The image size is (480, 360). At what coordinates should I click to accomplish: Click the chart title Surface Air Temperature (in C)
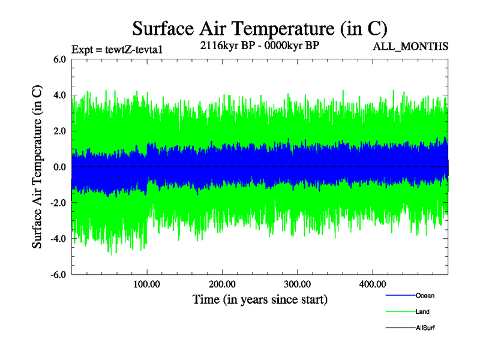pos(260,28)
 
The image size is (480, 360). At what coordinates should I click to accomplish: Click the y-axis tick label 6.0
pos(59,59)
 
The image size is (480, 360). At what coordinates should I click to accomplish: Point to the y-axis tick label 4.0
pos(59,95)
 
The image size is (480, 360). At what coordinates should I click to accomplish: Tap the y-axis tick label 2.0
pos(59,131)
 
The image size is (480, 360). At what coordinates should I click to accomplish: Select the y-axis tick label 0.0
pos(59,167)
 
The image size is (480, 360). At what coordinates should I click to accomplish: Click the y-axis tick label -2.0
pos(57,203)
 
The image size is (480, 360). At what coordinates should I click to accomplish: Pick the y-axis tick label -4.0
pos(57,239)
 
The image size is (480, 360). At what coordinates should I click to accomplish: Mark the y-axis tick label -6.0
pos(57,275)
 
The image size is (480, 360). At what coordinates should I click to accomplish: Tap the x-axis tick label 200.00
pos(222,284)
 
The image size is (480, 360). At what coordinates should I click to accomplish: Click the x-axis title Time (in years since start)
pos(260,299)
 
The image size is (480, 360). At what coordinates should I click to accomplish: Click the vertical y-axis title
pos(37,167)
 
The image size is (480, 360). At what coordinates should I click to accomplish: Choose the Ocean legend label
pos(425,296)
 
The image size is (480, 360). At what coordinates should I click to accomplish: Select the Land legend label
pos(422,312)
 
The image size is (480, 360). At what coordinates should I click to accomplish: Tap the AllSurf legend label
pos(425,328)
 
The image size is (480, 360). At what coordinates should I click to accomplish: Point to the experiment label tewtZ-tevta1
pos(116,49)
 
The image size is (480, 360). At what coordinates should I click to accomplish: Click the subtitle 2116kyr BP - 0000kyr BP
pos(259,46)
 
